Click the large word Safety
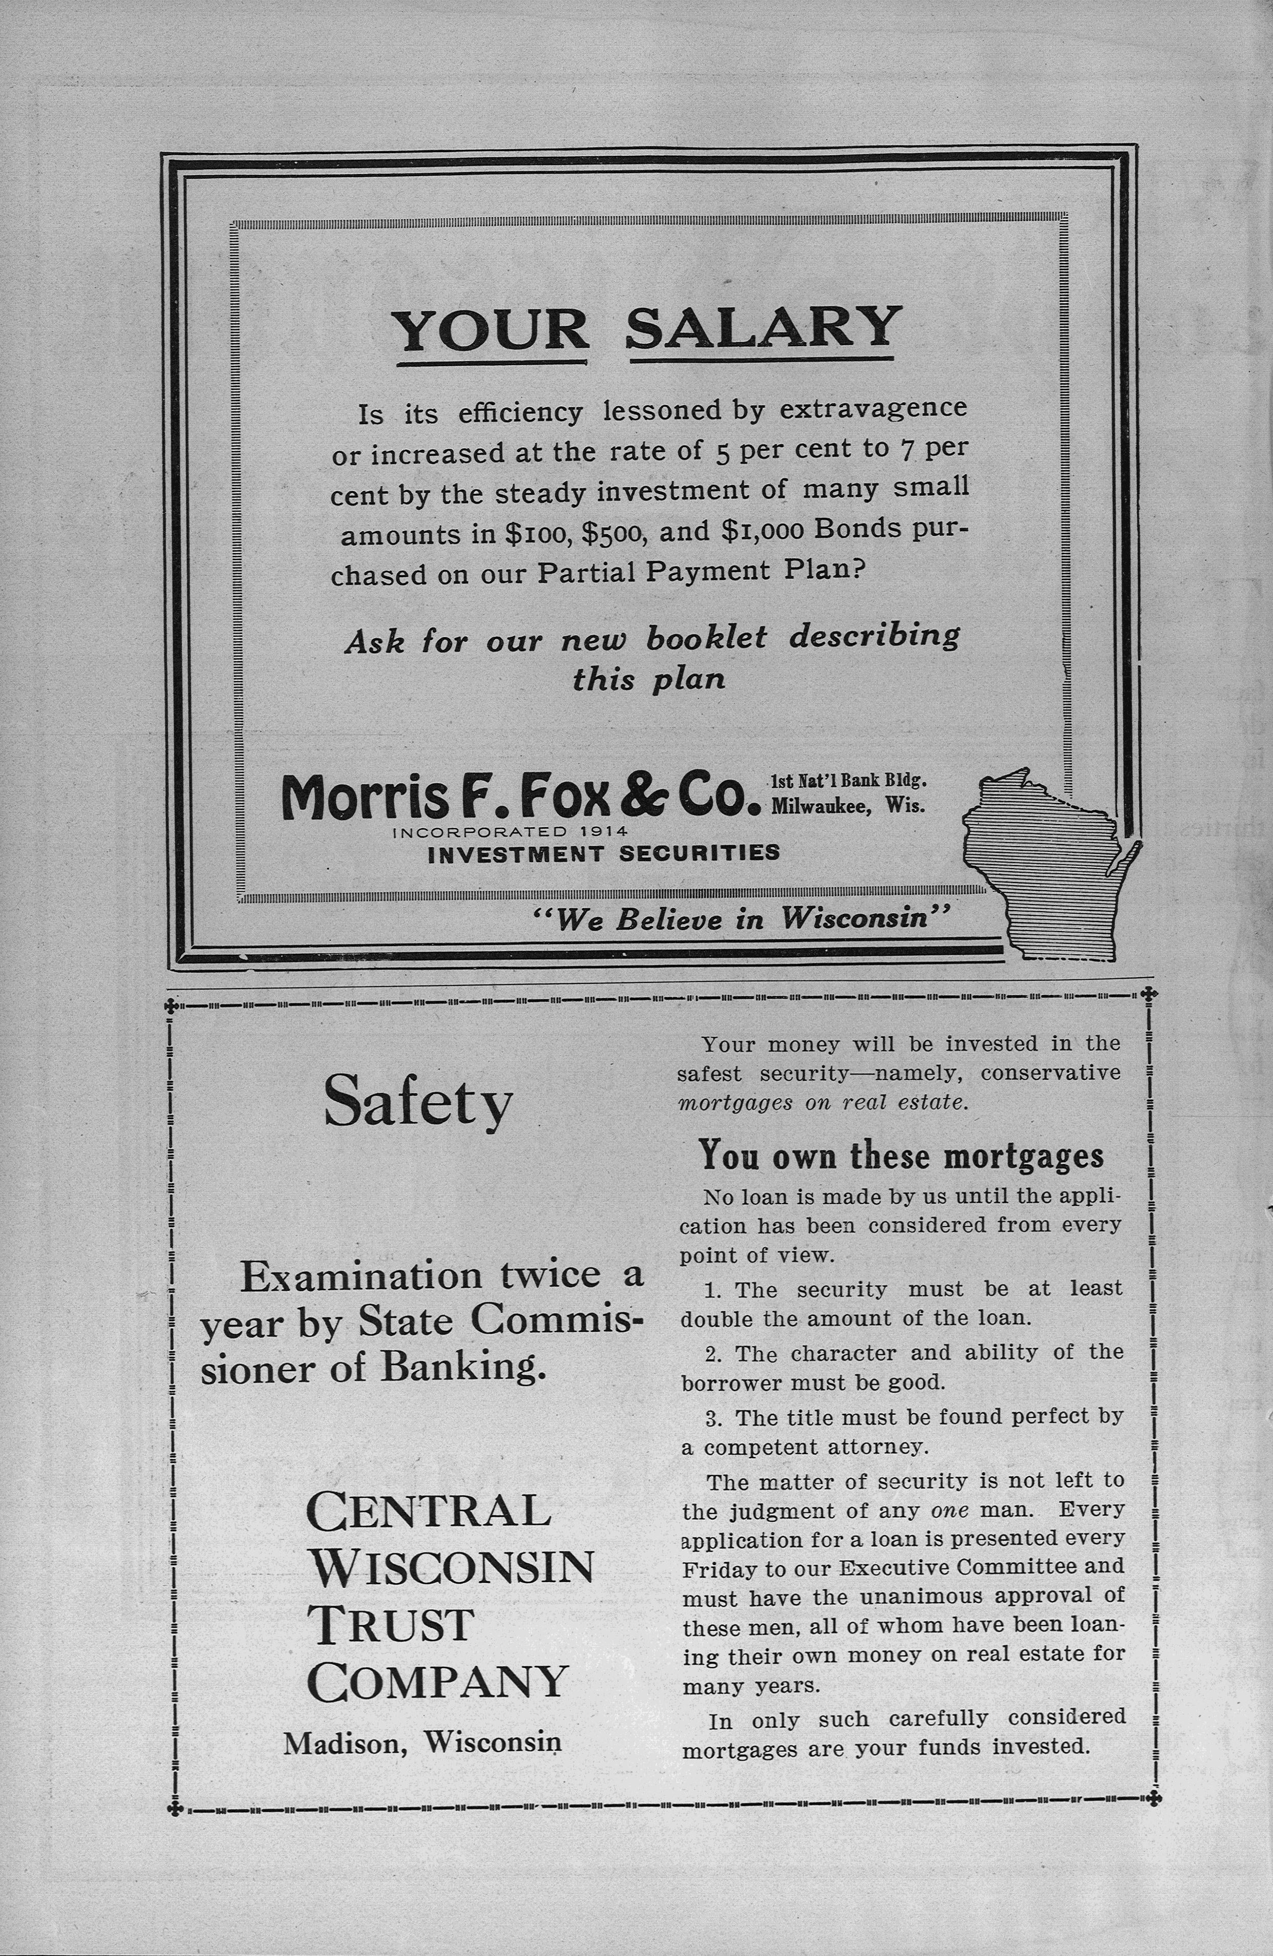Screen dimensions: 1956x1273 pyautogui.click(x=418, y=1103)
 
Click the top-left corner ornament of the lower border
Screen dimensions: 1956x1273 pyautogui.click(x=171, y=1004)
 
